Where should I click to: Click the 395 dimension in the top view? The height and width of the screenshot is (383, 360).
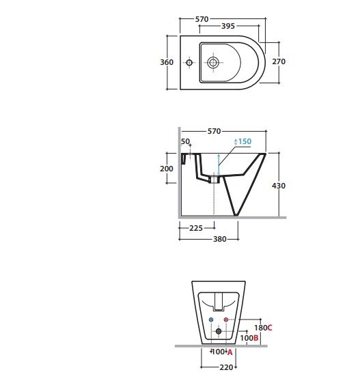coord(227,26)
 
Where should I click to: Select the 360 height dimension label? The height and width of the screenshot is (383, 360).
coord(167,62)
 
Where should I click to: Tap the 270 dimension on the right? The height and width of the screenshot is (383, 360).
coord(279,61)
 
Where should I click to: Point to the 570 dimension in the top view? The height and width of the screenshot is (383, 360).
coord(202,19)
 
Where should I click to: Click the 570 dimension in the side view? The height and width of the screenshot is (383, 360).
coord(214,131)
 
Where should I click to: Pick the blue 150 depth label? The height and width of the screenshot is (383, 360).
coord(245,141)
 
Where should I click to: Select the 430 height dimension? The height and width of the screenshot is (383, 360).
coord(279,186)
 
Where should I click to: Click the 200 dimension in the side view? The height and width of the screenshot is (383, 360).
coord(167,169)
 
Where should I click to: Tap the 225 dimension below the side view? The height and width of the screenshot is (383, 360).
coord(196,228)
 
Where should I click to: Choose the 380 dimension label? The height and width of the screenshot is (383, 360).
coord(220,239)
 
